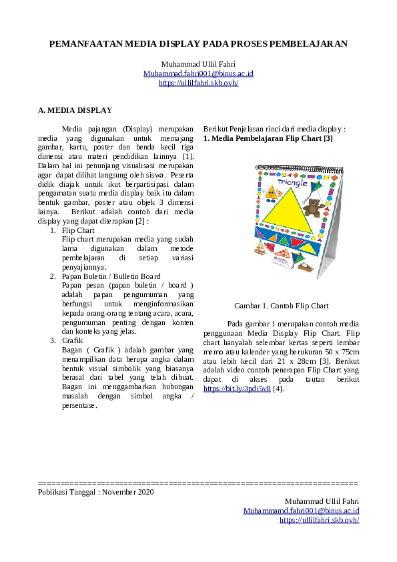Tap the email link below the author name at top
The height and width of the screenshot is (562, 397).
(x=198, y=73)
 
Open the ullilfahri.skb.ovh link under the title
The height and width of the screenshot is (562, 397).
(x=198, y=83)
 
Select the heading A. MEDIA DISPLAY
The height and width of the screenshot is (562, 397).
(x=75, y=110)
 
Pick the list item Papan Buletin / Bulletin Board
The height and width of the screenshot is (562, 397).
(x=111, y=276)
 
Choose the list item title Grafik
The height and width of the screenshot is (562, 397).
(x=72, y=340)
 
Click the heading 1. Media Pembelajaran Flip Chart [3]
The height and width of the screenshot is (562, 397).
(x=268, y=138)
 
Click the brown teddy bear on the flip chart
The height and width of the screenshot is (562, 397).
(x=313, y=208)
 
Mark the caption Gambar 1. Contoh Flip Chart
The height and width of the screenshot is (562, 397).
(x=281, y=306)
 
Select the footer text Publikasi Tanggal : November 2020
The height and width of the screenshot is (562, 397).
(x=95, y=492)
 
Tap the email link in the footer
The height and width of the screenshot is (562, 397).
(x=301, y=511)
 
